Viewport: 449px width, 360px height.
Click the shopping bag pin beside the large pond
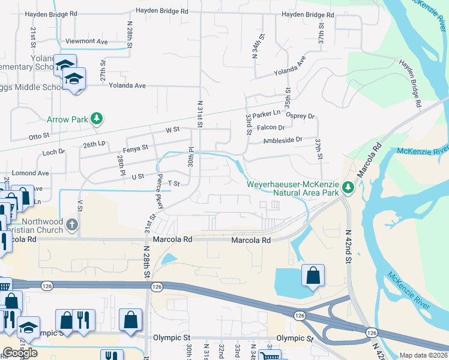(x=313, y=276)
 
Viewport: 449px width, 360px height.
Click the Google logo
(x=20, y=353)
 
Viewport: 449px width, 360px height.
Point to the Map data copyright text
(x=423, y=355)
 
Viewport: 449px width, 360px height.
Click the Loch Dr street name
(x=53, y=152)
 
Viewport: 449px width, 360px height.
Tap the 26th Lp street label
(x=94, y=145)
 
